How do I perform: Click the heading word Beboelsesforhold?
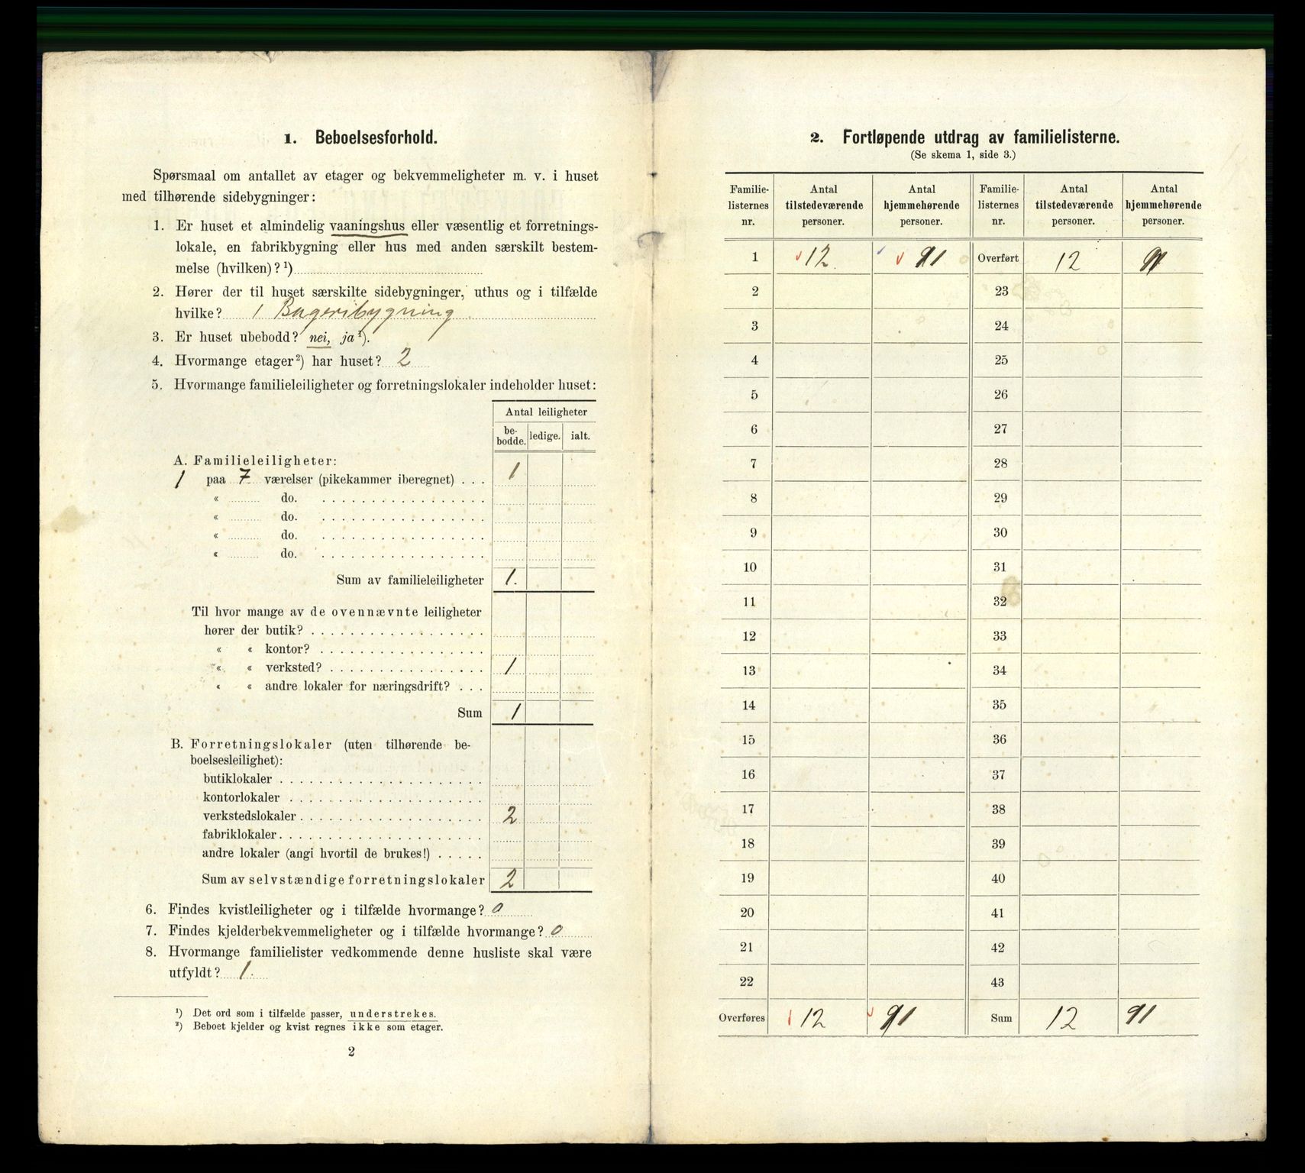376,138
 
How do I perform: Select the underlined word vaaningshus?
369,227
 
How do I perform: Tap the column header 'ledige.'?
545,436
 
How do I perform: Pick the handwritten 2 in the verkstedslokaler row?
510,816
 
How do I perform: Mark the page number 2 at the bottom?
350,1052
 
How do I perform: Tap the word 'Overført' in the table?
998,258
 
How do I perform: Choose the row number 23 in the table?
1001,291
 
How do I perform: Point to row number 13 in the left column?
749,671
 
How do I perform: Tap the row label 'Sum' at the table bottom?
1000,1018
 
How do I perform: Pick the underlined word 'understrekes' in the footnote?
392,1014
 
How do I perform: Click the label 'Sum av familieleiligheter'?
409,580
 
